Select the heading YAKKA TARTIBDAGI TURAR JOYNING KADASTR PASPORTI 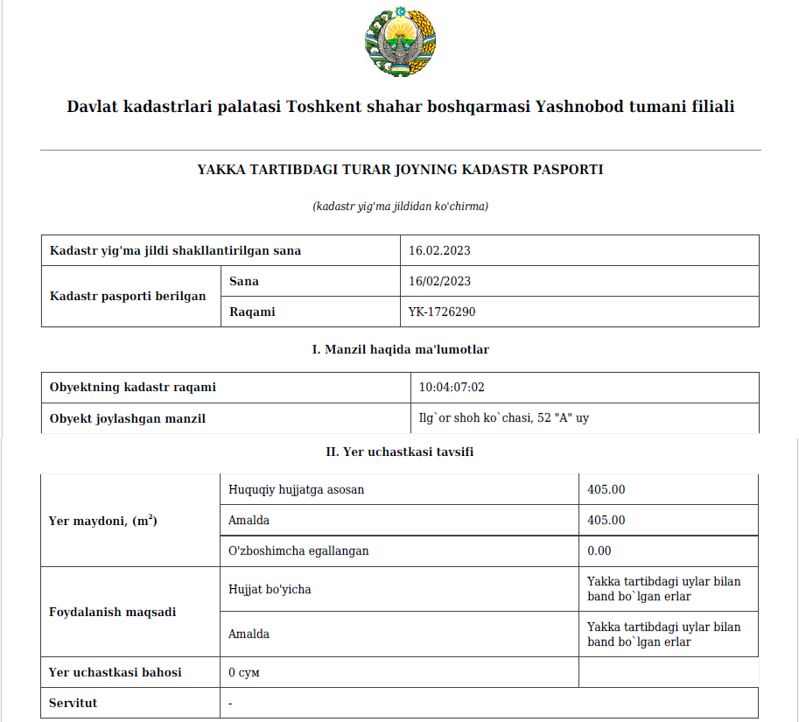400,170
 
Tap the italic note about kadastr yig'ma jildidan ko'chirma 400,207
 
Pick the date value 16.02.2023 439,251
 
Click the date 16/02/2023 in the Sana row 439,282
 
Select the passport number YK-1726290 442,312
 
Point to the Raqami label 252,312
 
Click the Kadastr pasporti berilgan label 128,297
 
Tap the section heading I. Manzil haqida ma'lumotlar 400,349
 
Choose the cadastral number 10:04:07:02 452,388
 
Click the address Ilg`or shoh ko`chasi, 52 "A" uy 503,418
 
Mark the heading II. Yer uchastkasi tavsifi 400,452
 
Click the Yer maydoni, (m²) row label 102,521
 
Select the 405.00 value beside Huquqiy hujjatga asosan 606,490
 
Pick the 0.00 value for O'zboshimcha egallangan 599,551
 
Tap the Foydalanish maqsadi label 112,612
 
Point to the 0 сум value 244,673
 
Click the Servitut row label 74,704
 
